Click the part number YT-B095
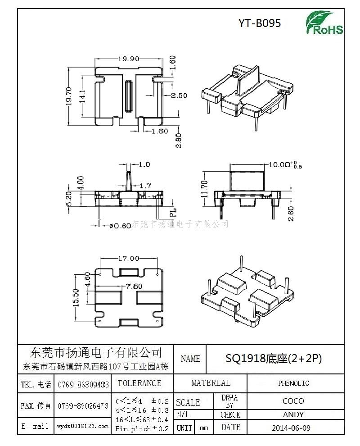[x=260, y=23]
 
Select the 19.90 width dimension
[x=128, y=59]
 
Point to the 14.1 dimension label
[x=82, y=96]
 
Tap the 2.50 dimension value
[x=179, y=96]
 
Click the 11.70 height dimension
[x=205, y=189]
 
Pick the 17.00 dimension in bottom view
[x=128, y=259]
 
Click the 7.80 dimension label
[x=134, y=286]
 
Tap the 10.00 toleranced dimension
[x=282, y=165]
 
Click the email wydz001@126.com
[x=82, y=426]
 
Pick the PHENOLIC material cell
[x=293, y=383]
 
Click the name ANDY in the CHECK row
[x=293, y=414]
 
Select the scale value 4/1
[x=183, y=414]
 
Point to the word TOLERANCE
[x=139, y=383]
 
